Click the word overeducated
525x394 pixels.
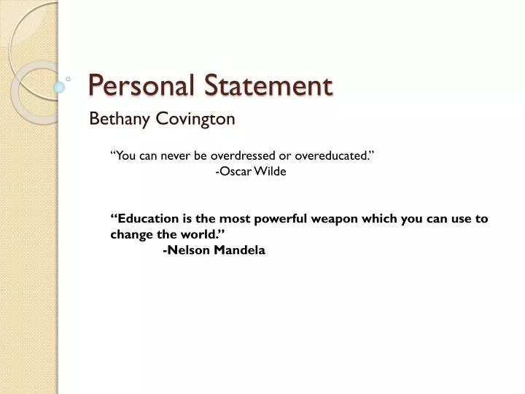tap(335, 155)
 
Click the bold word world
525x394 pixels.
tap(201, 234)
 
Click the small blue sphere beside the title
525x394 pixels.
tap(59, 88)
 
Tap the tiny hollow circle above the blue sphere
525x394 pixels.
tap(68, 77)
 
